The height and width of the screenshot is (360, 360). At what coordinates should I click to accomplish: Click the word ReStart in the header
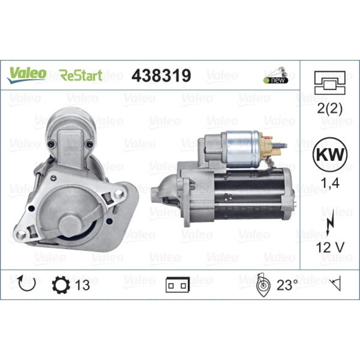(81, 75)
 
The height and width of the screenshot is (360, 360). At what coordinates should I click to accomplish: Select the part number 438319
(160, 75)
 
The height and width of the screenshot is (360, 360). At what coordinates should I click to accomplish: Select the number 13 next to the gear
(82, 285)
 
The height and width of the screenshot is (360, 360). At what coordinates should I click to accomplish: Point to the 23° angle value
(287, 285)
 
